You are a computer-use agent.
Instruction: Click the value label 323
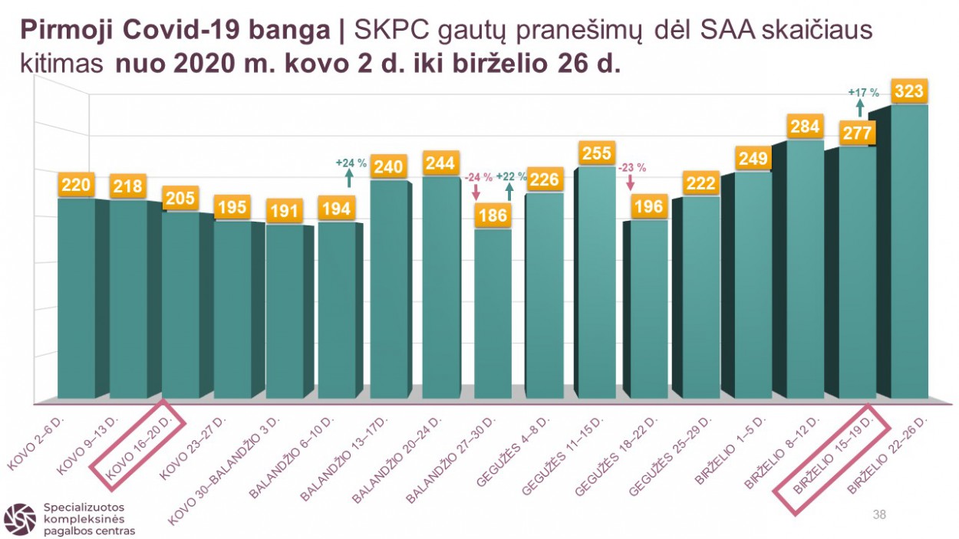click(909, 92)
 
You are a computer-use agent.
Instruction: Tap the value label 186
click(493, 215)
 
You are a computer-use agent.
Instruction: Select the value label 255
click(597, 153)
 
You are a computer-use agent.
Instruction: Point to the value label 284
click(805, 127)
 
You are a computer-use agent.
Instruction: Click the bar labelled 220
click(77, 299)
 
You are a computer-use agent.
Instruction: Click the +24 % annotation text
click(350, 163)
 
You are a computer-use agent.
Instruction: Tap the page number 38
click(879, 514)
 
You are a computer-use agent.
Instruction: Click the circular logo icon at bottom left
click(19, 519)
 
